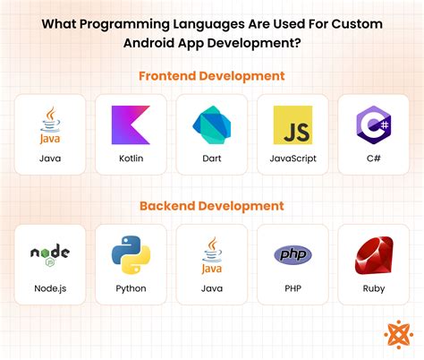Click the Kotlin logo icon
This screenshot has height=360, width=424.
(x=130, y=124)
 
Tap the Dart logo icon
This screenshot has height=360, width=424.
(x=211, y=124)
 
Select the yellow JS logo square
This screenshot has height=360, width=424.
(x=293, y=124)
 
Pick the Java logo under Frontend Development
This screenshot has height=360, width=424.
(x=49, y=124)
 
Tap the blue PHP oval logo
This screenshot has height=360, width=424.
(x=293, y=254)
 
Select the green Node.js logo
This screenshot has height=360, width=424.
(x=49, y=254)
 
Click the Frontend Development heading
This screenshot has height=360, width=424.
(x=211, y=76)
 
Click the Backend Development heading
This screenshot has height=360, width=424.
(x=211, y=206)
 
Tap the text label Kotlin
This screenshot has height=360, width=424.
(x=130, y=159)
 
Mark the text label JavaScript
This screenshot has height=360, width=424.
(x=293, y=159)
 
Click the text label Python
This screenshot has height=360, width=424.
(x=130, y=288)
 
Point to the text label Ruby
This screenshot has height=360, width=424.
(x=373, y=288)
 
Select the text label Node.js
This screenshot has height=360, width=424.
(x=49, y=288)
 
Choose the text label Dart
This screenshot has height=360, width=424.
(x=211, y=159)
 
